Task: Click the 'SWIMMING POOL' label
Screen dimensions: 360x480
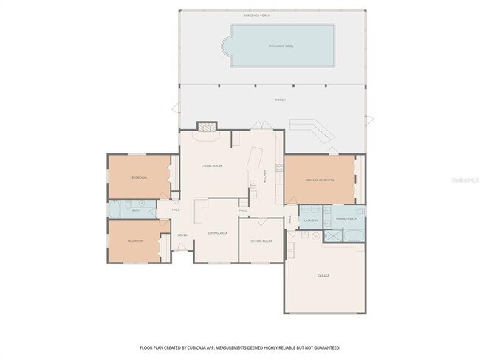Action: (x=282, y=46)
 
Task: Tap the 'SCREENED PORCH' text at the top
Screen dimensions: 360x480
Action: (x=256, y=15)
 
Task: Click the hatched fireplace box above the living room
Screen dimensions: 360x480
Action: (x=206, y=127)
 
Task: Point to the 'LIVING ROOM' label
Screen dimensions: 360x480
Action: (x=212, y=165)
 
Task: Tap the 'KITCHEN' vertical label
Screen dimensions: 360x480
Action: (x=264, y=176)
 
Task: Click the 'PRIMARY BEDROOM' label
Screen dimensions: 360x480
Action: (x=320, y=180)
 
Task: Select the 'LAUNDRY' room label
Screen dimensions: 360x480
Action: (x=311, y=220)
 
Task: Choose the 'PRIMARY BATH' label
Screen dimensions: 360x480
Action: (x=346, y=220)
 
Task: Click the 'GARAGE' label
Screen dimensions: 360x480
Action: (x=323, y=276)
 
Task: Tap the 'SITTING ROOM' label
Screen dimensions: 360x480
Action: (x=261, y=240)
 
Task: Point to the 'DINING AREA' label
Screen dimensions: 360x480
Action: (x=217, y=233)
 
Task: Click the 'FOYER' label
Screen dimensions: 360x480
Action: (x=182, y=235)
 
